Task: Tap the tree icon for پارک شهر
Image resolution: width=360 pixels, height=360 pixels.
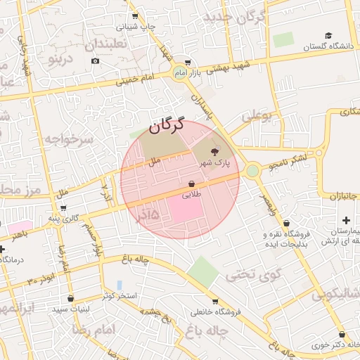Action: (214, 151)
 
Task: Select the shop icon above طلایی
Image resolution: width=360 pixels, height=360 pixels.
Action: (191, 184)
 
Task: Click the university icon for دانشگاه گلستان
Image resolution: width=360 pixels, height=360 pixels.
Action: (328, 36)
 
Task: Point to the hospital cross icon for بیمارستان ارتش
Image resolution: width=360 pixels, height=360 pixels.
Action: (345, 221)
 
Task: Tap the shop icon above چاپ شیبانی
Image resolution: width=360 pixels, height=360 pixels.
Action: (135, 16)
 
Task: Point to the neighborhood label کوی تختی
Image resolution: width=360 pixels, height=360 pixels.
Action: (256, 274)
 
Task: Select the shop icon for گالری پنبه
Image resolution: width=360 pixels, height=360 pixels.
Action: (63, 207)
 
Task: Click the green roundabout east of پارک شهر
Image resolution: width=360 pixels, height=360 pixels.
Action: (252, 170)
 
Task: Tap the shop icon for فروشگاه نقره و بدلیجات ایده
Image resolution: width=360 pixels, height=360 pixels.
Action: (286, 223)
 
